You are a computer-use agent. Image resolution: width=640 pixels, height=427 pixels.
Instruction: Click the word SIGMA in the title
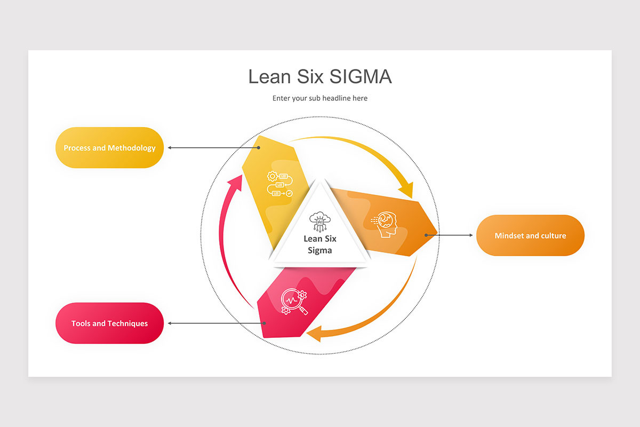361,77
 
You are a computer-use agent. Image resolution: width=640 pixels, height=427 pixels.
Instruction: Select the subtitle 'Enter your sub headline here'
320,98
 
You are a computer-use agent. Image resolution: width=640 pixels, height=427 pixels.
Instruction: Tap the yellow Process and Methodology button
109,148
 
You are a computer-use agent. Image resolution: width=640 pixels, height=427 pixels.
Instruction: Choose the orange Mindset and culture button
530,235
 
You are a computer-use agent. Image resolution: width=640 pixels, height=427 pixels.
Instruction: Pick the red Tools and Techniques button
109,323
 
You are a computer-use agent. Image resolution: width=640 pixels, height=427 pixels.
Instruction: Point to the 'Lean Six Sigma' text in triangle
320,244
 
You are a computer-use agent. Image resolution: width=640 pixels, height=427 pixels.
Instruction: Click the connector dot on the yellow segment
259,148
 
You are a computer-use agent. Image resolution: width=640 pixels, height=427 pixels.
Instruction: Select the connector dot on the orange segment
426,235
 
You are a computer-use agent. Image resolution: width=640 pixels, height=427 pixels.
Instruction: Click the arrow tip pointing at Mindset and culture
471,235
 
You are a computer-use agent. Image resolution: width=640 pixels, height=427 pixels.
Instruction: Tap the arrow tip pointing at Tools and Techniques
170,323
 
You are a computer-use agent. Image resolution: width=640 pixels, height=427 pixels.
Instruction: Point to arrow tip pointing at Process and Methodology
170,148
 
